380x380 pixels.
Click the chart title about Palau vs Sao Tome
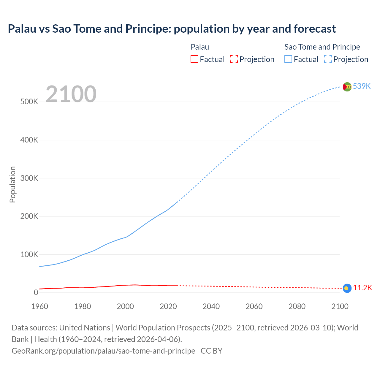pos(172,29)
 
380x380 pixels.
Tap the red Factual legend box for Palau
pos(194,59)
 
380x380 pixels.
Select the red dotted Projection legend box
pos(234,59)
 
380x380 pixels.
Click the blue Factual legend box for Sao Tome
pos(288,59)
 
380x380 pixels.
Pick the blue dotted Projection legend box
pos(328,59)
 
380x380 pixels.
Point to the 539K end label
pos(362,86)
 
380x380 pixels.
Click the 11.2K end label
pos(362,288)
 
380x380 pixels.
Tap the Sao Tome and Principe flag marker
pos(347,87)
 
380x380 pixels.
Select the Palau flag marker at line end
pos(347,288)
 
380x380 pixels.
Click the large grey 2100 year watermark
pos(71,94)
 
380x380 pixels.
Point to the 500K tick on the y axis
pos(29,102)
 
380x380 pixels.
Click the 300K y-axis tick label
pos(29,178)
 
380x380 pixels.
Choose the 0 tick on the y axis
pos(36,292)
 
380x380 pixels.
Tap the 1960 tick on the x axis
pos(39,306)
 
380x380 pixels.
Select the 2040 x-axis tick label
pos(211,306)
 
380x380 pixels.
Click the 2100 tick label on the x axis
pos(340,306)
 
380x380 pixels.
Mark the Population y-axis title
pos(12,184)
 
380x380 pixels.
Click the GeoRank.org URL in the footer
pos(103,351)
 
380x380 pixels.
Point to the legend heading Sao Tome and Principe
pos(322,47)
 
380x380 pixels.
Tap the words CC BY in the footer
pos(211,351)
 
